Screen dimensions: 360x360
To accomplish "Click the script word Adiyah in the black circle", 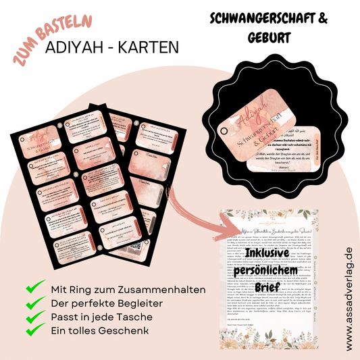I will (249, 110).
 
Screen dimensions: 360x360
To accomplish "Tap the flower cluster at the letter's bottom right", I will (317, 337).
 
